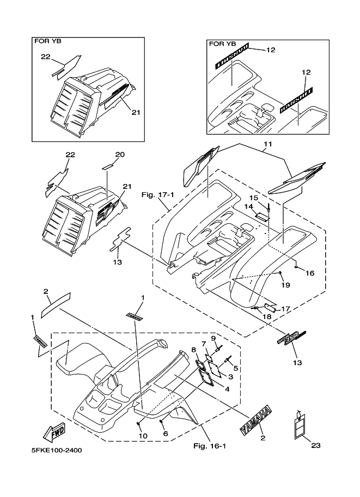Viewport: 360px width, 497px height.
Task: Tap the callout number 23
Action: click(316, 445)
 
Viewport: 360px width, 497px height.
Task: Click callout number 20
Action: click(120, 155)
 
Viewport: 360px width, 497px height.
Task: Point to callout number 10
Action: click(143, 436)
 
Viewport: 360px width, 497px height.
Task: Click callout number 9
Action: click(214, 339)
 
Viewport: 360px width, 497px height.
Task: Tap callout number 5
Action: click(236, 368)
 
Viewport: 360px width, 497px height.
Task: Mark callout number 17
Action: click(286, 309)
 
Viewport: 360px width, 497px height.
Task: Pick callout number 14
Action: click(248, 207)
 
